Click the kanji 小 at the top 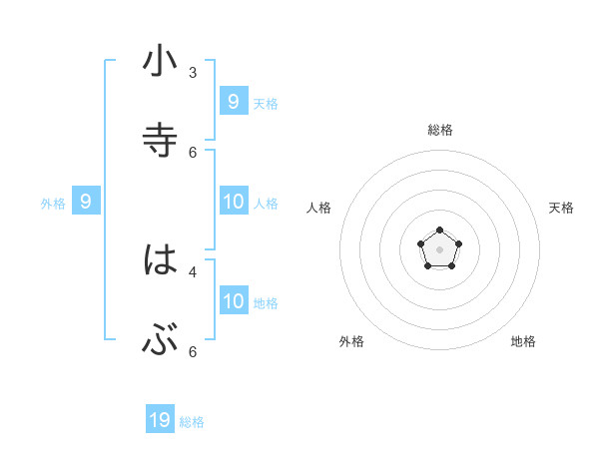[x=160, y=62]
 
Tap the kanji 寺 [x=160, y=141]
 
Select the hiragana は [x=160, y=260]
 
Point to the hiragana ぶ [x=160, y=341]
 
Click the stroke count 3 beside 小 [x=193, y=72]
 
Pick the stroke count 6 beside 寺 [x=193, y=152]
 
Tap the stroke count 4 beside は [x=193, y=270]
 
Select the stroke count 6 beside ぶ [x=193, y=351]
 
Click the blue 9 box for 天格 [x=234, y=101]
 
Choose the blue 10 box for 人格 [x=234, y=202]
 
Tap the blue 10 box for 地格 [x=234, y=300]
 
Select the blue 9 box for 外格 [x=86, y=202]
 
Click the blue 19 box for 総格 [x=160, y=420]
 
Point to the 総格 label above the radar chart [x=440, y=130]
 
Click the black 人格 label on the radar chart [x=318, y=208]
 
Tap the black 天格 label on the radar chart [x=561, y=208]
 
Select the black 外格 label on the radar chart [x=351, y=341]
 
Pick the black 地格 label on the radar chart [x=523, y=341]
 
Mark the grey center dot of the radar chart [x=440, y=249]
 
